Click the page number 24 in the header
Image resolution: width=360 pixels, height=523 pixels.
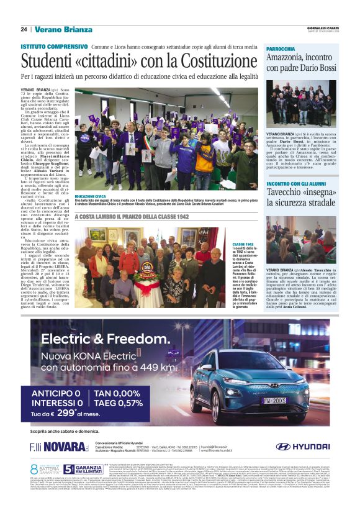tap(24, 29)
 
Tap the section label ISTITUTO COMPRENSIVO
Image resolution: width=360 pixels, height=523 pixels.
tap(54, 47)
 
